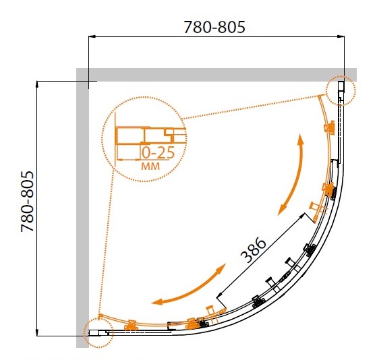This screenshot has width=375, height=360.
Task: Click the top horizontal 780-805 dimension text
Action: [214, 27]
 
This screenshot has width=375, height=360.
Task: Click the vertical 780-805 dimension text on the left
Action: [27, 201]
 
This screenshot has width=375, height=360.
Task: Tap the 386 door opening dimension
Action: [253, 249]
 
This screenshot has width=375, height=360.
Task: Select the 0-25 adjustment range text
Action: [158, 153]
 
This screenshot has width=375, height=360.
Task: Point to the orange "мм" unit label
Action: [150, 166]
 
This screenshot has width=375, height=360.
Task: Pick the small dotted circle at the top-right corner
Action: [341, 90]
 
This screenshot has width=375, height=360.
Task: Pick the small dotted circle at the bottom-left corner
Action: [98, 333]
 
